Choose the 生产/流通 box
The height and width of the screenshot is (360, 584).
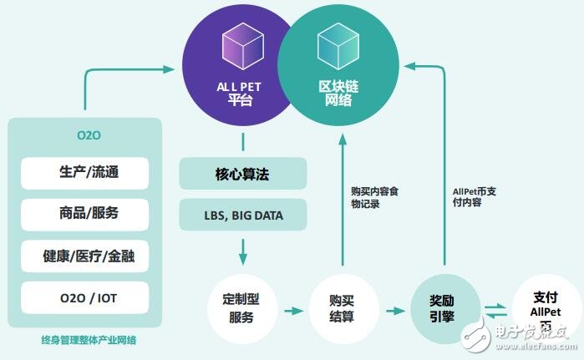pos(84,173)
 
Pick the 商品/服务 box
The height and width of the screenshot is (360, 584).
pos(84,213)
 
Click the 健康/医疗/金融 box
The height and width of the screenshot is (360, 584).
pos(84,256)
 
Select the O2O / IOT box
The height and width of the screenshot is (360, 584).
pos(84,297)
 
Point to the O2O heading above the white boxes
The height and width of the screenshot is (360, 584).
pos(85,135)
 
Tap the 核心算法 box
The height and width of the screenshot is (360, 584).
pos(241,175)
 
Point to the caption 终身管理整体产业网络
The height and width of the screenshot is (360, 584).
pos(84,340)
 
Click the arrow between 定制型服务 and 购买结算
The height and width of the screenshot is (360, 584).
pos(292,311)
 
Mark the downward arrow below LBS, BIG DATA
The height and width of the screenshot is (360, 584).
pos(242,249)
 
